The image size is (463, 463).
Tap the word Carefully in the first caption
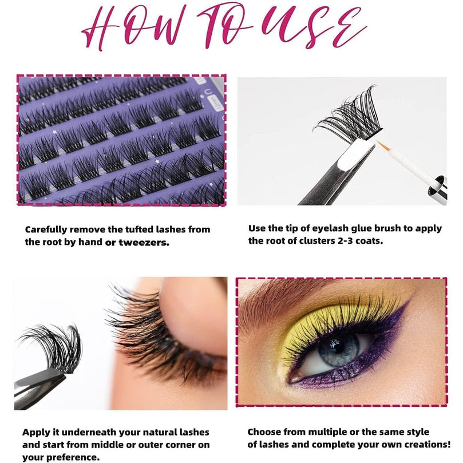(x=45, y=230)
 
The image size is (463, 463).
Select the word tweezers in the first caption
(x=144, y=243)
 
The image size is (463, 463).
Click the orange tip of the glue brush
(x=383, y=146)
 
